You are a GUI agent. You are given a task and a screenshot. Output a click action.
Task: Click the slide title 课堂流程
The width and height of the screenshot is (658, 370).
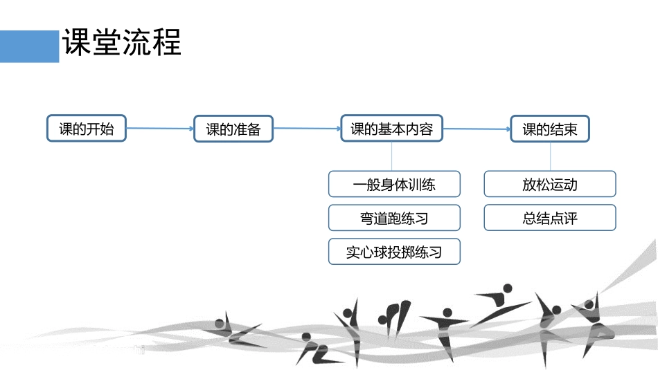pyautogui.click(x=121, y=44)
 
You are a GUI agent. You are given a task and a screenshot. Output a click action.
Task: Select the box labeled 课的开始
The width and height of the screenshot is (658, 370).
pyautogui.click(x=87, y=129)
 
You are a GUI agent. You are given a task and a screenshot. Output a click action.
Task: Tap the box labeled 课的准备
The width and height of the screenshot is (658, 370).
pyautogui.click(x=233, y=129)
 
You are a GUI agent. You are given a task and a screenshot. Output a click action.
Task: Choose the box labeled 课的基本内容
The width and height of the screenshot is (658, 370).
pyautogui.click(x=391, y=129)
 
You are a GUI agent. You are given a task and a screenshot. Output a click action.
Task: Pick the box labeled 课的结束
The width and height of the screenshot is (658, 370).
pyautogui.click(x=549, y=129)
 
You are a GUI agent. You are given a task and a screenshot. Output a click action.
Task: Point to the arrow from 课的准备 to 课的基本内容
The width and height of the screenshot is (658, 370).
pyautogui.click(x=307, y=128)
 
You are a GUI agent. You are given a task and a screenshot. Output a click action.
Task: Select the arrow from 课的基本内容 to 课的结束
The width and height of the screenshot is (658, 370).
pyautogui.click(x=476, y=129)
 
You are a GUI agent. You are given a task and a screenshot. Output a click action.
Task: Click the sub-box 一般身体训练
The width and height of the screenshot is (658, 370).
pyautogui.click(x=394, y=185)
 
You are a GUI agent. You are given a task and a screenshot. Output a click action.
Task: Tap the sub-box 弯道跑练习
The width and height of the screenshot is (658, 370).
pyautogui.click(x=394, y=218)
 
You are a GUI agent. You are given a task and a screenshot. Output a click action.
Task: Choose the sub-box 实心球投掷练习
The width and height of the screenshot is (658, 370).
pyautogui.click(x=394, y=252)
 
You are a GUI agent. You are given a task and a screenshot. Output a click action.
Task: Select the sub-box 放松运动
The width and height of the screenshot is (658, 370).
pyautogui.click(x=549, y=185)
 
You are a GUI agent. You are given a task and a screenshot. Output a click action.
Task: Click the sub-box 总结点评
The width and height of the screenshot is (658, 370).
pyautogui.click(x=549, y=218)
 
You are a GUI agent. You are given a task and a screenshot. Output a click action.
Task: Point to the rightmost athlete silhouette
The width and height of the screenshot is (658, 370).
pyautogui.click(x=594, y=322)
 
